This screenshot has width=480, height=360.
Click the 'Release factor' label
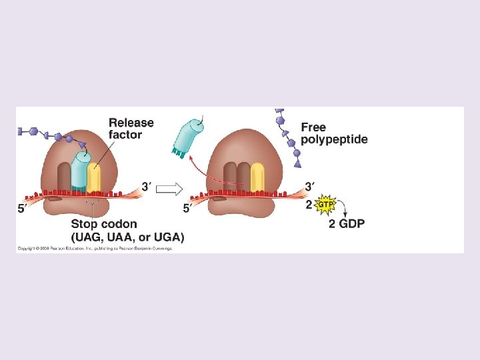(131, 129)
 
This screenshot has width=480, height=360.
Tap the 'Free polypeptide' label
(333, 133)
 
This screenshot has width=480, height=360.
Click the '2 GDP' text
(347, 224)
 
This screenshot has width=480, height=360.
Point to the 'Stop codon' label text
(104, 224)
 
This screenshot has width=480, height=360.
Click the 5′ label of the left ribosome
(22, 209)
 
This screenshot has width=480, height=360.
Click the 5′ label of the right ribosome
(188, 209)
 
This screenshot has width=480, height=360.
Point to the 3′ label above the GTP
(310, 187)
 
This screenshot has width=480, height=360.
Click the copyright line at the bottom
(95, 248)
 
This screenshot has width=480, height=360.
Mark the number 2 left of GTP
(309, 204)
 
